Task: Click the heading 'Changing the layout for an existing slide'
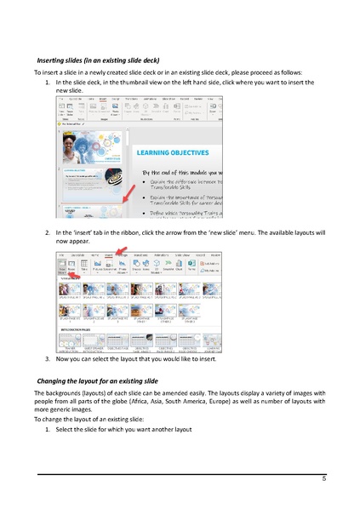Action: pyautogui.click(x=98, y=379)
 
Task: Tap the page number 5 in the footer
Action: pyautogui.click(x=324, y=480)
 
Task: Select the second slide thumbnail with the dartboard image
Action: pyautogui.click(x=82, y=180)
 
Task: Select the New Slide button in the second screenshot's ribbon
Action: pyautogui.click(x=62, y=266)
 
